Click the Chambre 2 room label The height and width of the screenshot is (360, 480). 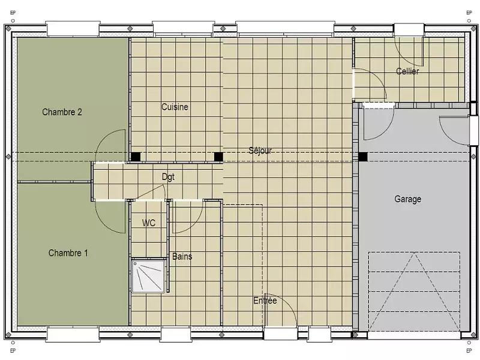pyautogui.click(x=62, y=112)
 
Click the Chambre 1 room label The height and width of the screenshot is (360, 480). pyautogui.click(x=68, y=253)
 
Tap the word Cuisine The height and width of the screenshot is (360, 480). pyautogui.click(x=175, y=107)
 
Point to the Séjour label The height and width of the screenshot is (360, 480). pyautogui.click(x=260, y=151)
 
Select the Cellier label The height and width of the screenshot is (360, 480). pyautogui.click(x=407, y=71)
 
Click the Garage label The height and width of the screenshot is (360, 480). pyautogui.click(x=407, y=199)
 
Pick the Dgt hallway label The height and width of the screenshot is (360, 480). pyautogui.click(x=168, y=177)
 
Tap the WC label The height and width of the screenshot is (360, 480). pyautogui.click(x=149, y=223)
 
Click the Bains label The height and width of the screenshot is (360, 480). pyautogui.click(x=182, y=257)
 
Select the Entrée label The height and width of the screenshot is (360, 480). pyautogui.click(x=265, y=301)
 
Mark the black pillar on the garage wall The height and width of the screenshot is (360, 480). pyautogui.click(x=363, y=157)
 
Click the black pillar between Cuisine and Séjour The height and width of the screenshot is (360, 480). pyautogui.click(x=218, y=157)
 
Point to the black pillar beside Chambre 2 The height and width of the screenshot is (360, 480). pyautogui.click(x=136, y=157)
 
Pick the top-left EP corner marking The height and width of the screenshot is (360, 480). pyautogui.click(x=13, y=11)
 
